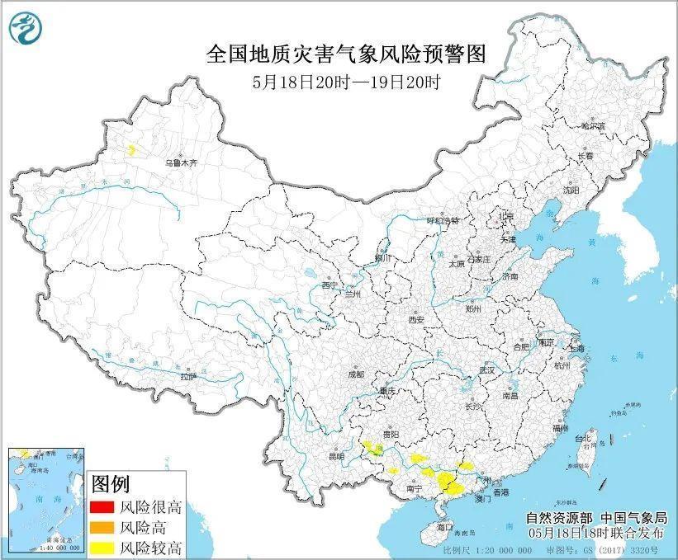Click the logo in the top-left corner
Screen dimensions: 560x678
coord(23,30)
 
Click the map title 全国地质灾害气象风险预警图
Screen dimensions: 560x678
coord(345,54)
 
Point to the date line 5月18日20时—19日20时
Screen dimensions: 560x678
coord(346,82)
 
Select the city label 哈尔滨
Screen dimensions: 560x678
coord(593,126)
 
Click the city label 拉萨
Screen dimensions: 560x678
coord(188,376)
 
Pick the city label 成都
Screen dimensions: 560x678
coord(356,374)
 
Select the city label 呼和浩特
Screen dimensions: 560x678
coord(441,221)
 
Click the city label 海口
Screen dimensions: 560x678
coord(446,525)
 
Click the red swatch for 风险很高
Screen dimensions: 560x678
coord(102,508)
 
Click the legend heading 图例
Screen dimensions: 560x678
coord(109,482)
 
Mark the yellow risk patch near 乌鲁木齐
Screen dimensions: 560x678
coord(131,150)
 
